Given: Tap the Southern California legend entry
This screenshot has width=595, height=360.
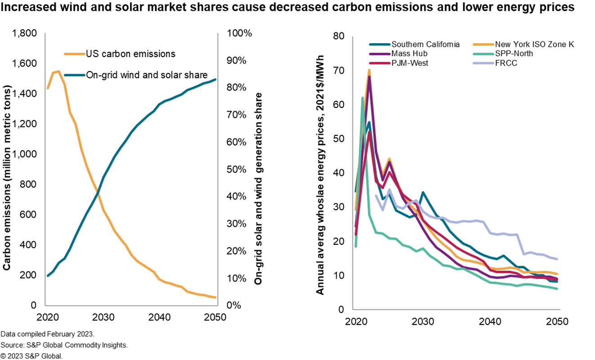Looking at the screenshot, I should point(425,44).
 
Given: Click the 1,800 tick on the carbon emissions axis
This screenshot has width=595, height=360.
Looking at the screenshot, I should point(25,33).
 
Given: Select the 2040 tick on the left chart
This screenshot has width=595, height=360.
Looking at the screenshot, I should point(159,316).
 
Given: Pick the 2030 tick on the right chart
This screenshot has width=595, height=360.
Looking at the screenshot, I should point(423,322).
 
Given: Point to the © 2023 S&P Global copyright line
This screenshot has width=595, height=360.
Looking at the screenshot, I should point(31,356).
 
